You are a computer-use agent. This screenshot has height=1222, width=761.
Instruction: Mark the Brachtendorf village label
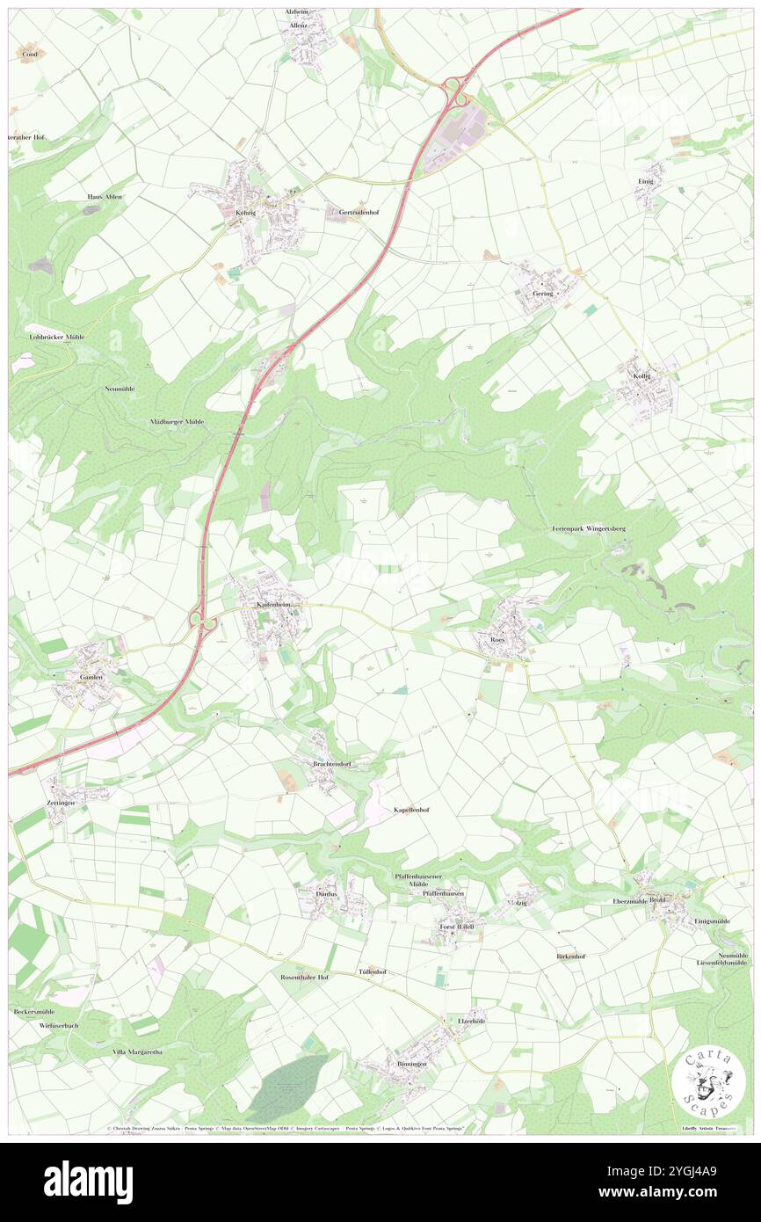(332, 764)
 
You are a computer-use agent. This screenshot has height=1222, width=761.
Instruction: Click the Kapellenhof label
(411, 808)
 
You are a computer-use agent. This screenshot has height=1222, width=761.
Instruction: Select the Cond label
(30, 54)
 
